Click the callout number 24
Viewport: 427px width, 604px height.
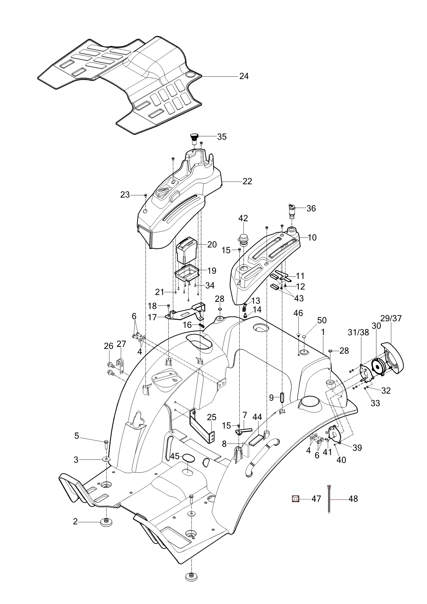click(x=244, y=76)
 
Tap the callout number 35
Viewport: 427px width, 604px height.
click(x=222, y=137)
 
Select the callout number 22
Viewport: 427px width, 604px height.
click(x=247, y=181)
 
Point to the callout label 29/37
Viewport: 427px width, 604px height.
click(x=391, y=318)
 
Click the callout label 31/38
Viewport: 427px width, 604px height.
click(x=358, y=332)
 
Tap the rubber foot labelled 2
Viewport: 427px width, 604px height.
click(x=106, y=522)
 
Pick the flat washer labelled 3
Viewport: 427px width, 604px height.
click(x=106, y=459)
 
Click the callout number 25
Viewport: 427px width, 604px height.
click(x=212, y=417)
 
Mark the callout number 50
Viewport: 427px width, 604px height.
click(x=322, y=320)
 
